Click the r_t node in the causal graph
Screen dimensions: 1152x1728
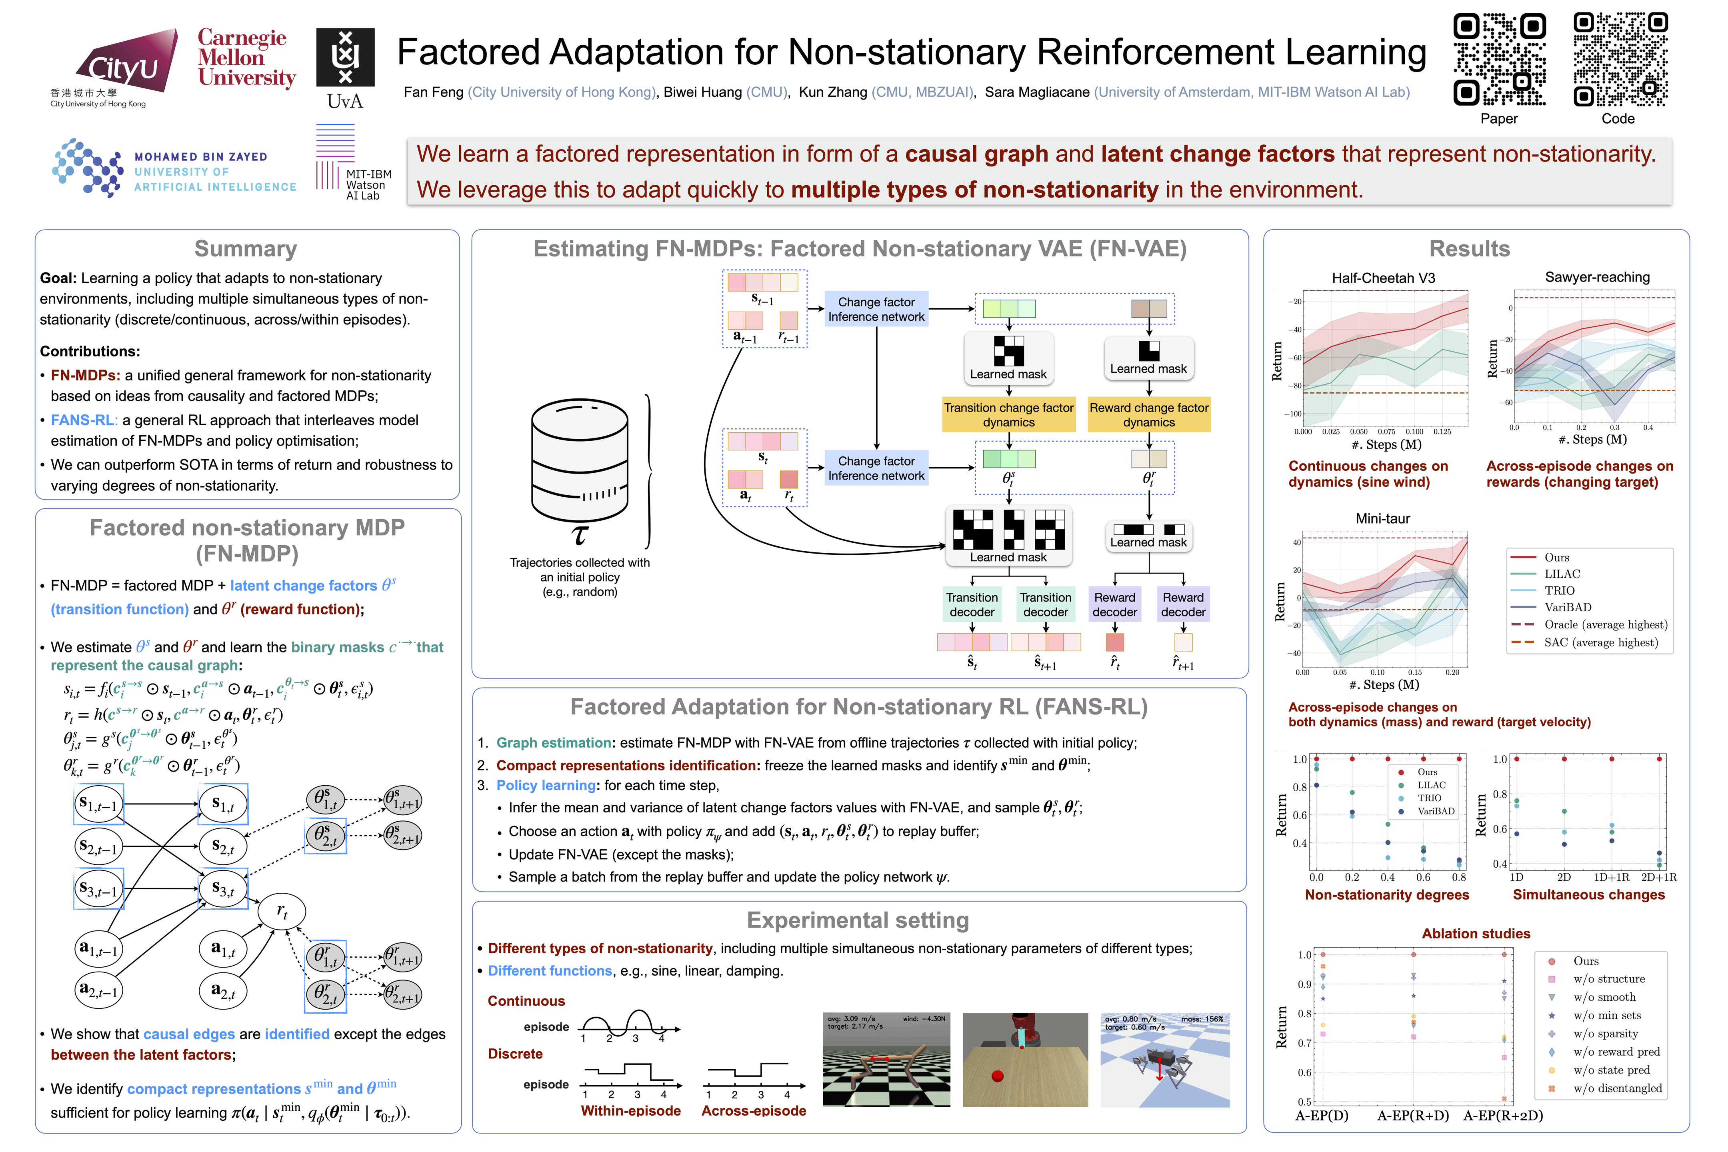coord(281,911)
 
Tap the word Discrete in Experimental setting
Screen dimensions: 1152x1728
coord(515,1054)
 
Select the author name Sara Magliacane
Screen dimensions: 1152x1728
coord(1037,92)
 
